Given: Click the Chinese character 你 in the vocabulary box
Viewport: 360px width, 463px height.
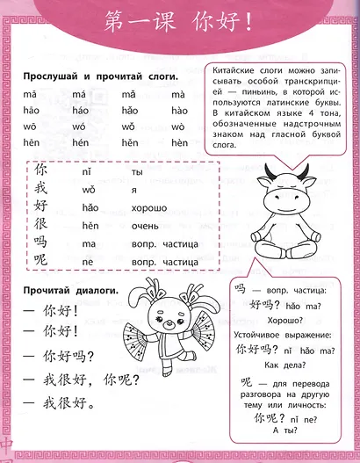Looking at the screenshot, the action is point(40,169).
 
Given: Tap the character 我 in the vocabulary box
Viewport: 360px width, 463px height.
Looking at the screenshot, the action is point(40,187).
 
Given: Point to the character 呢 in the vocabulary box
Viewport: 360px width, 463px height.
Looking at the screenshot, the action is point(40,262).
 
